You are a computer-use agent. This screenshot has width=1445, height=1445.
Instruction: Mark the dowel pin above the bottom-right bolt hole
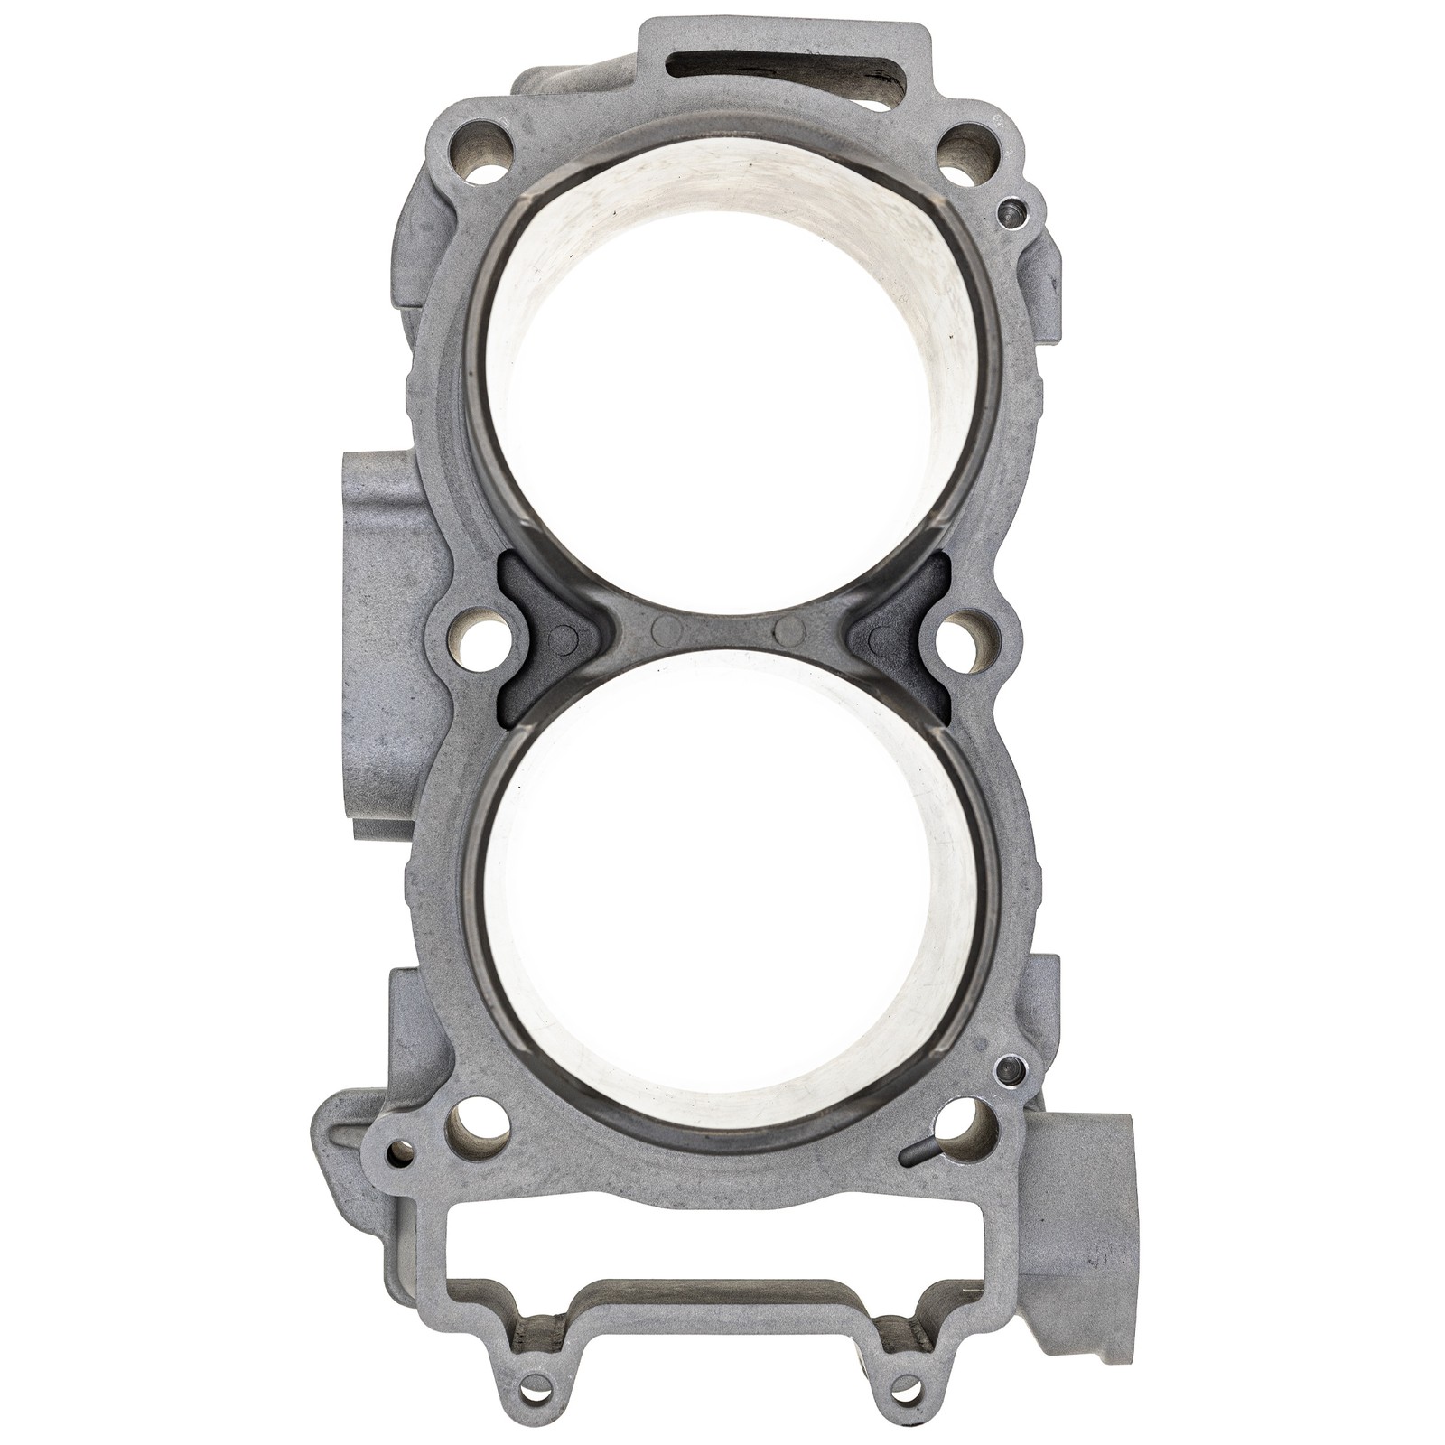tap(1002, 1072)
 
